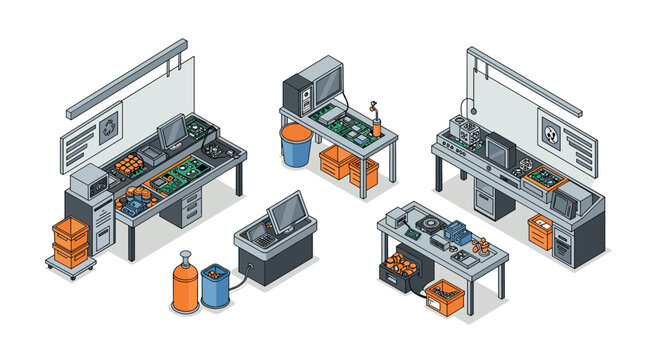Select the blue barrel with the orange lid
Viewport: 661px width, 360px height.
(x=295, y=145)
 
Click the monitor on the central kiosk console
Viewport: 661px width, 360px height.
(x=287, y=211)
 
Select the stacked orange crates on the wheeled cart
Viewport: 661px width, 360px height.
(x=71, y=241)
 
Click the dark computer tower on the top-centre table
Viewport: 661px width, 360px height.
(x=296, y=94)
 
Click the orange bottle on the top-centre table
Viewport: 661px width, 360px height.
(x=377, y=124)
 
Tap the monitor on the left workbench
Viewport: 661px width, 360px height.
(x=172, y=131)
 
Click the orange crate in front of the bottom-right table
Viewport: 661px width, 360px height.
(x=443, y=295)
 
